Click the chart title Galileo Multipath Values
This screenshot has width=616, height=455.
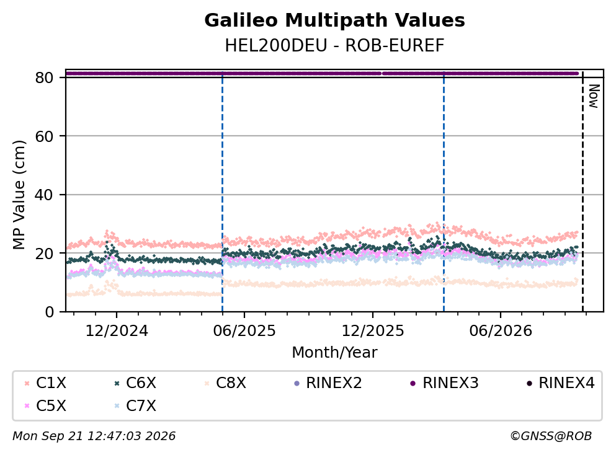click(334, 20)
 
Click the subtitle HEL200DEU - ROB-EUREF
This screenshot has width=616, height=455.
click(334, 45)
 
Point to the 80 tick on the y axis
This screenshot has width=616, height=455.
click(44, 77)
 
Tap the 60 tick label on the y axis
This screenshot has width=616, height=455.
click(44, 136)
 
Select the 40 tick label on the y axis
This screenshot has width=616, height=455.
click(44, 195)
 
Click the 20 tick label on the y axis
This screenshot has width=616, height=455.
click(44, 253)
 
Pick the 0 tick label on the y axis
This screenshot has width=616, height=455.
click(49, 312)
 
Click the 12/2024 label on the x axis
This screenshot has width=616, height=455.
click(117, 331)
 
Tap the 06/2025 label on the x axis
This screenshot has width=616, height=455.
click(244, 331)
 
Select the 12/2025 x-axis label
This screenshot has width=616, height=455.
click(372, 331)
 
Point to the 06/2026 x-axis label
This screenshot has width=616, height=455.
click(501, 331)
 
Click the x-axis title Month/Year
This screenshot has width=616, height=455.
click(334, 353)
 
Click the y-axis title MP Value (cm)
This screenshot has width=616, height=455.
click(19, 195)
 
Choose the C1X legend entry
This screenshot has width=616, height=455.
click(45, 382)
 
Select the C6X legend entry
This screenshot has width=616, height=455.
click(135, 382)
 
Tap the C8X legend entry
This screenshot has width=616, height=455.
click(225, 382)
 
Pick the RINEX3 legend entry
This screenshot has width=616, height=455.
click(444, 382)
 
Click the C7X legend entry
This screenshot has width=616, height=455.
click(135, 406)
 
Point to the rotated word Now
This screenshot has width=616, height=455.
click(594, 96)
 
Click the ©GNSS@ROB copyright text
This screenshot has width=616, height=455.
click(551, 436)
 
